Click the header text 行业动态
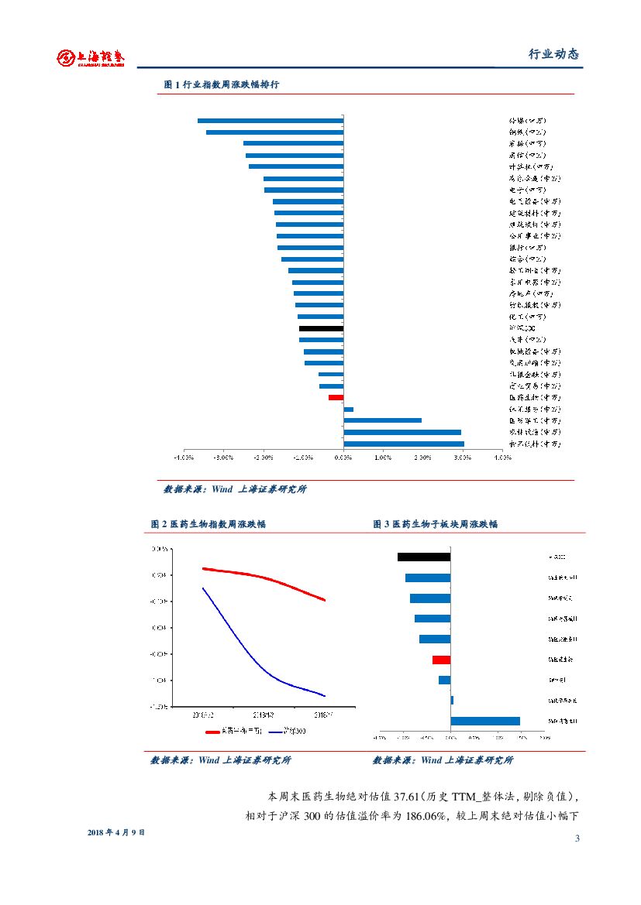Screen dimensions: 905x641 point(553,54)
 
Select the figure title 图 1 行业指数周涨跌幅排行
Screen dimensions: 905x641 point(221,84)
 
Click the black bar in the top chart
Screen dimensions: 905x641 point(321,328)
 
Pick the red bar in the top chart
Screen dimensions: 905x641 point(336,397)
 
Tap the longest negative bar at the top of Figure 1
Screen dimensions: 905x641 point(270,121)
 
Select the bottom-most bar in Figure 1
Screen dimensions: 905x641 point(404,444)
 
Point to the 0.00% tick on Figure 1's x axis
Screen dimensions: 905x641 point(343,457)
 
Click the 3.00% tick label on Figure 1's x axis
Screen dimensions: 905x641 point(463,457)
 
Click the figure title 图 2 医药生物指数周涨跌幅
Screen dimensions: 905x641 point(208,524)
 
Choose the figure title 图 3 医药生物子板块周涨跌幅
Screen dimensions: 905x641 point(435,524)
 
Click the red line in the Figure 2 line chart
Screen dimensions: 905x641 point(264,577)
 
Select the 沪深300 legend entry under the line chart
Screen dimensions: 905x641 point(292,731)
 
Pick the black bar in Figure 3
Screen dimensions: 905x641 point(423,557)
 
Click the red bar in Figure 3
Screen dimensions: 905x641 point(441,660)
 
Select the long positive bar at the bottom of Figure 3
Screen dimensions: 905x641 point(485,721)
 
